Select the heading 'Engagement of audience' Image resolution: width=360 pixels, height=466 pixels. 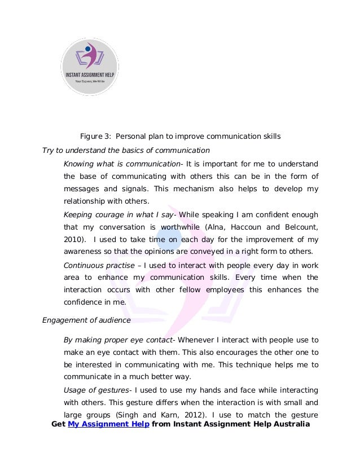pyautogui.click(x=86, y=320)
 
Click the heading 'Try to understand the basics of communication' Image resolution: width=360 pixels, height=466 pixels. pyautogui.click(x=126, y=151)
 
